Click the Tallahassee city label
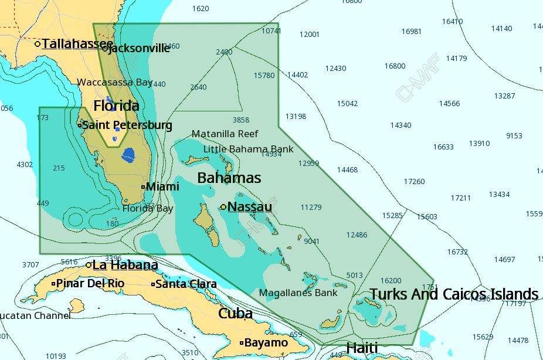(x=77, y=44)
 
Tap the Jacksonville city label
(x=140, y=49)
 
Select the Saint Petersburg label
(x=127, y=125)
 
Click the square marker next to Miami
(x=143, y=187)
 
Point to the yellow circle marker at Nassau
(x=223, y=207)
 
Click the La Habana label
(x=125, y=265)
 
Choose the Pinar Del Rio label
(x=90, y=284)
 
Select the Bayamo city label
(x=266, y=343)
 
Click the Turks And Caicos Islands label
(x=453, y=294)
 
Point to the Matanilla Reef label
(x=225, y=134)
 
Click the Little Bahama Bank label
(x=248, y=149)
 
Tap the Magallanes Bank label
(x=298, y=293)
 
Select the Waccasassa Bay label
(x=115, y=83)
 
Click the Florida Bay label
(x=148, y=209)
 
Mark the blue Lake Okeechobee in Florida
(x=127, y=156)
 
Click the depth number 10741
(x=271, y=31)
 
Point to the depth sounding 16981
(x=411, y=32)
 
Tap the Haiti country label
(x=362, y=348)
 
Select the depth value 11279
(x=311, y=208)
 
